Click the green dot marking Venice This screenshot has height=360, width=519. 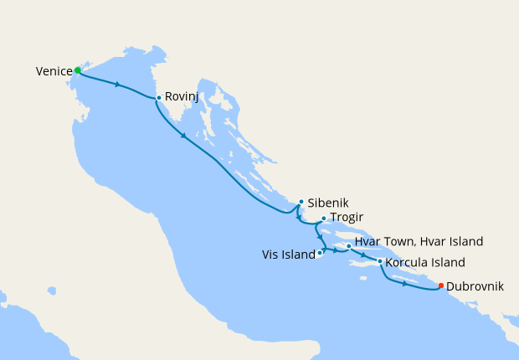[x=78, y=70]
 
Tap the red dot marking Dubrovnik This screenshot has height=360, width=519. [x=441, y=285]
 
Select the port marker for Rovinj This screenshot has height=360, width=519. [x=158, y=98]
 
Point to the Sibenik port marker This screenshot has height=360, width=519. [x=301, y=202]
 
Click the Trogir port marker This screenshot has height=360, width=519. [x=323, y=219]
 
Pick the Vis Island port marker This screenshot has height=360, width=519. [x=320, y=252]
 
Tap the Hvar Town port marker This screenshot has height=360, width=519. [x=348, y=246]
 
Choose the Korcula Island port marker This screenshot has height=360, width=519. [x=380, y=261]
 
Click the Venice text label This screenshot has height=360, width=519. [x=54, y=72]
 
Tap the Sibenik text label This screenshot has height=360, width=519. [x=328, y=203]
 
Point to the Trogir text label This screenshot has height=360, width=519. [x=347, y=218]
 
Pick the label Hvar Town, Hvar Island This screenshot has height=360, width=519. [x=419, y=241]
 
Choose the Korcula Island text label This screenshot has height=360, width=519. [x=425, y=263]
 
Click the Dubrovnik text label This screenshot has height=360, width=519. [x=475, y=286]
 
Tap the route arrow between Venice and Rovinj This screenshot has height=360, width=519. [x=118, y=85]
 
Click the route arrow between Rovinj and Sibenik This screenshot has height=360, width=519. [x=183, y=136]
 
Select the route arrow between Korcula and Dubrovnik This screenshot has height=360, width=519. [x=404, y=284]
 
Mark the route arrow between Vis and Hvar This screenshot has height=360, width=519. [x=335, y=250]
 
